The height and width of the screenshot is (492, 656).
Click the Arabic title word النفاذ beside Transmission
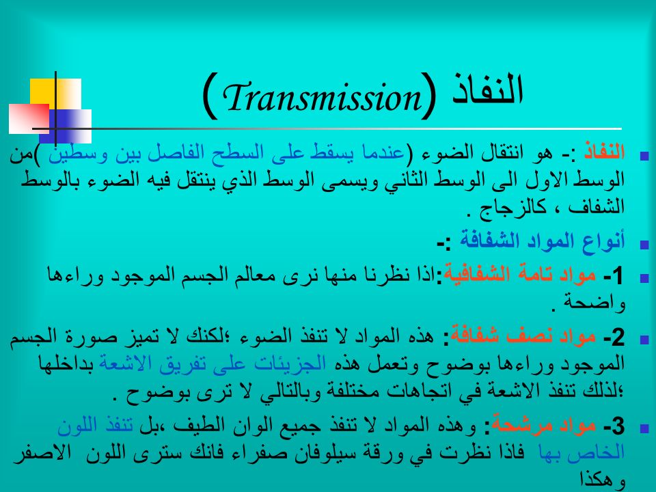coord(488,90)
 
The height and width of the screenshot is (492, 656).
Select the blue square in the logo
coord(66,126)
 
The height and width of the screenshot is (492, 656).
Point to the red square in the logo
coord(29,119)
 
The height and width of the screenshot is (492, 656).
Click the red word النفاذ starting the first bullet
coord(604,152)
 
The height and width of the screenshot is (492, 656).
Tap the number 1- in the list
coord(614,276)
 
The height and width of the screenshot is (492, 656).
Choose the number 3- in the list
coord(614,426)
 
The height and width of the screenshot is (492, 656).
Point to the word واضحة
coord(594,303)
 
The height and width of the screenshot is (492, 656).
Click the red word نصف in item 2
coord(525,336)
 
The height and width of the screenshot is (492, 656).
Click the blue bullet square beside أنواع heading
coord(644,245)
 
